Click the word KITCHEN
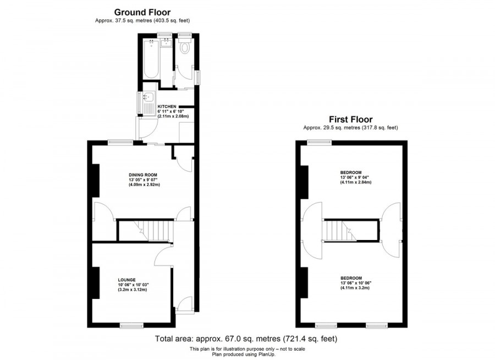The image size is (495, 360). point(167,106)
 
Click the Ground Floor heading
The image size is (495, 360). point(142,12)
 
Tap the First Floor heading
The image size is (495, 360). point(350,119)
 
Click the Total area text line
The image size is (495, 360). point(247,339)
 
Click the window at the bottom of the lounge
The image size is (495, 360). point(131,326)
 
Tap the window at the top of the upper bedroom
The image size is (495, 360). point(320,143)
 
